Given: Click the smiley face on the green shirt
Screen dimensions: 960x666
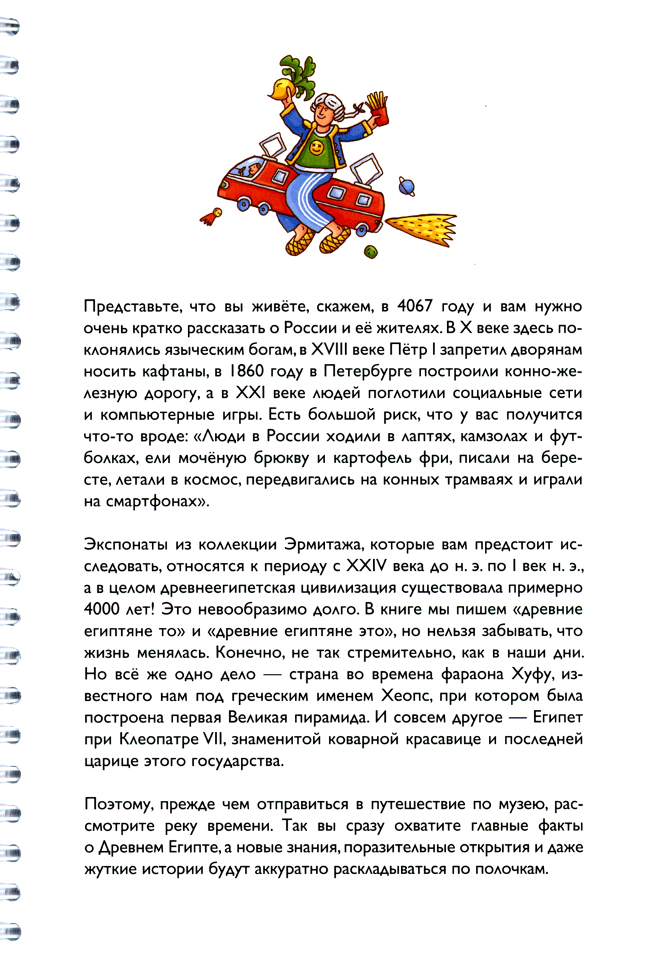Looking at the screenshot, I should tap(318, 148).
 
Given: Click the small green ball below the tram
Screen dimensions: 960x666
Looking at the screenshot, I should tap(370, 251).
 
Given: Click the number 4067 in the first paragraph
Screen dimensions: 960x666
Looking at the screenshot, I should tap(414, 307).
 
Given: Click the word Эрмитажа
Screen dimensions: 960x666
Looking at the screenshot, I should tap(323, 545).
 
